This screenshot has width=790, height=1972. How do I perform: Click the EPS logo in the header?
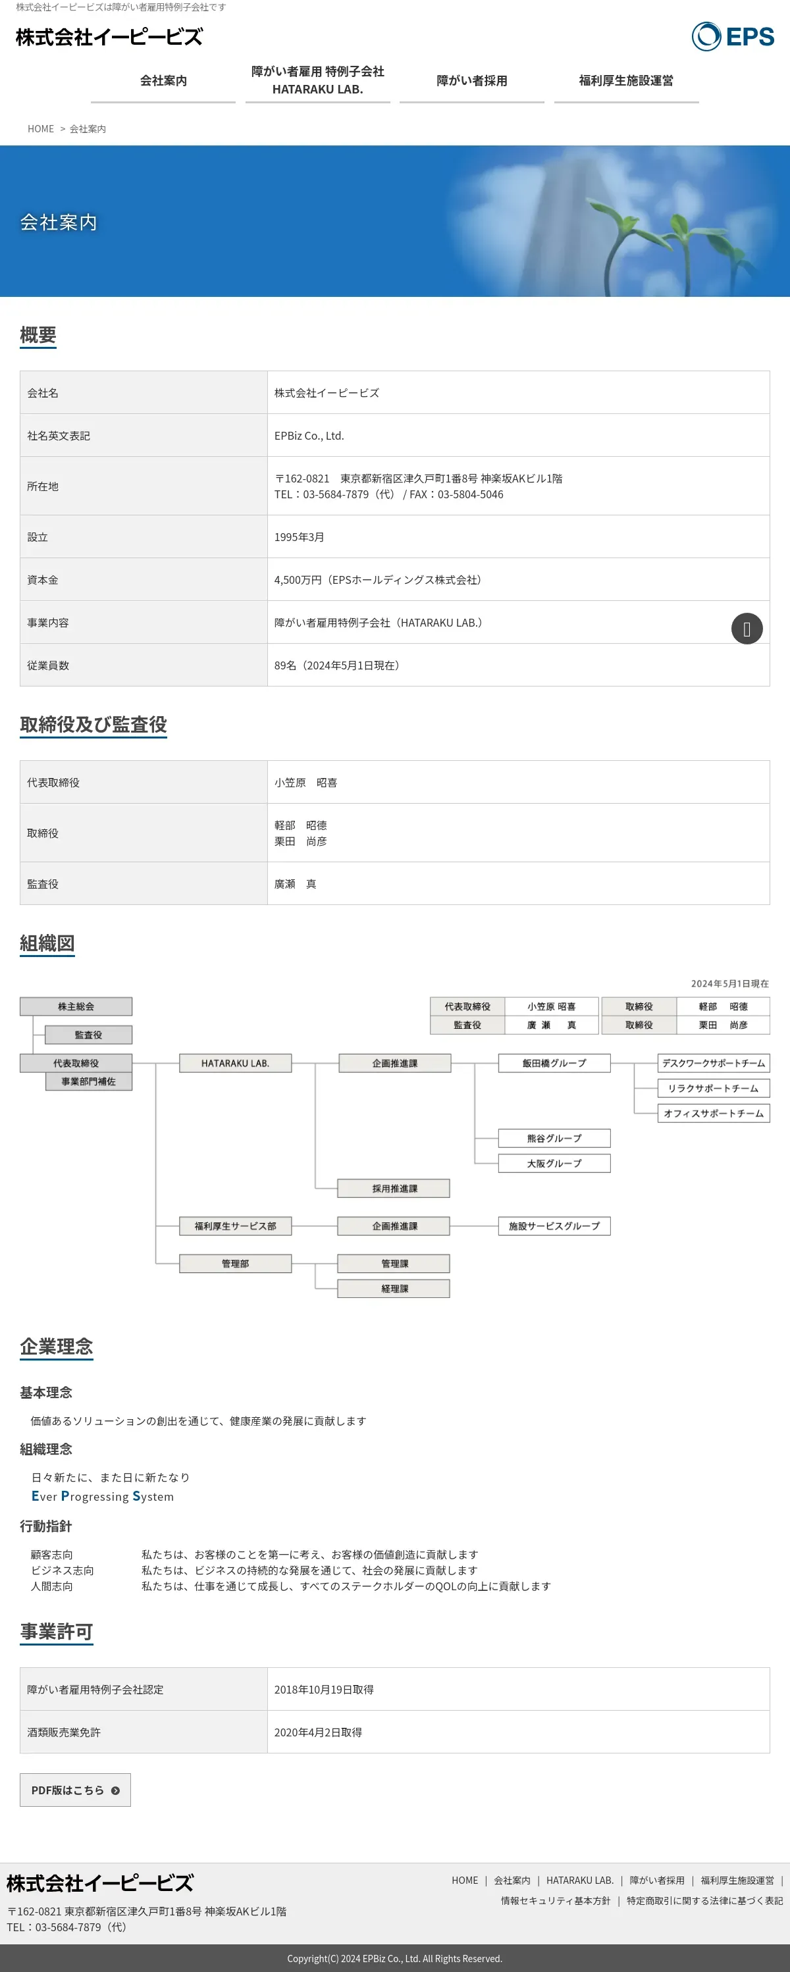pyautogui.click(x=733, y=36)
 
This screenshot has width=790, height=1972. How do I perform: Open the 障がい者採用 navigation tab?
pyautogui.click(x=471, y=80)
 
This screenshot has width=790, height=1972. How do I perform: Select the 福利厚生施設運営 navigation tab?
pyautogui.click(x=625, y=80)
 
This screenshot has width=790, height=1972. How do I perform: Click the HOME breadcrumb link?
pyautogui.click(x=41, y=128)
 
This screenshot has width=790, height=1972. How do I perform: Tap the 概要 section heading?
pyautogui.click(x=38, y=334)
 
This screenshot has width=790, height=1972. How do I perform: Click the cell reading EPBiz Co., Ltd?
pyautogui.click(x=309, y=436)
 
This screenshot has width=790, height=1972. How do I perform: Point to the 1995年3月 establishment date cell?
pyautogui.click(x=300, y=536)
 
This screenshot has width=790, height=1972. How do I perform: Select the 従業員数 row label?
pyautogui.click(x=48, y=665)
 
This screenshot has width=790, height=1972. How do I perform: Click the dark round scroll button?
pyautogui.click(x=747, y=629)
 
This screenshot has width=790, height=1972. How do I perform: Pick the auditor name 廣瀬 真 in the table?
pyautogui.click(x=296, y=883)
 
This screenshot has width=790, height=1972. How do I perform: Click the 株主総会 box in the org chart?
pyautogui.click(x=76, y=1006)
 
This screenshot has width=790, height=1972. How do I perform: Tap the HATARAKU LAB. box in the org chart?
pyautogui.click(x=235, y=1062)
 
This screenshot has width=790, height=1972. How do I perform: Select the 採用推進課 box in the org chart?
pyautogui.click(x=394, y=1188)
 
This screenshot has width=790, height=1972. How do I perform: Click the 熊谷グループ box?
pyautogui.click(x=554, y=1137)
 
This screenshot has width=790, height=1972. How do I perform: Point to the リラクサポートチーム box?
pyautogui.click(x=713, y=1088)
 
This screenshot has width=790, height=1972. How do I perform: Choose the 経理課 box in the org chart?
pyautogui.click(x=394, y=1288)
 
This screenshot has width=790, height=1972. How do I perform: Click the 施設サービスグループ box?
pyautogui.click(x=554, y=1226)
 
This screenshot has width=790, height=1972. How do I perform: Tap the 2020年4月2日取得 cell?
pyautogui.click(x=319, y=1732)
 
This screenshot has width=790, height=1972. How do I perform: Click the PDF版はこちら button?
pyautogui.click(x=75, y=1790)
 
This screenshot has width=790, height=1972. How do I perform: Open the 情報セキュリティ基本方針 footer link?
pyautogui.click(x=556, y=1900)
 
